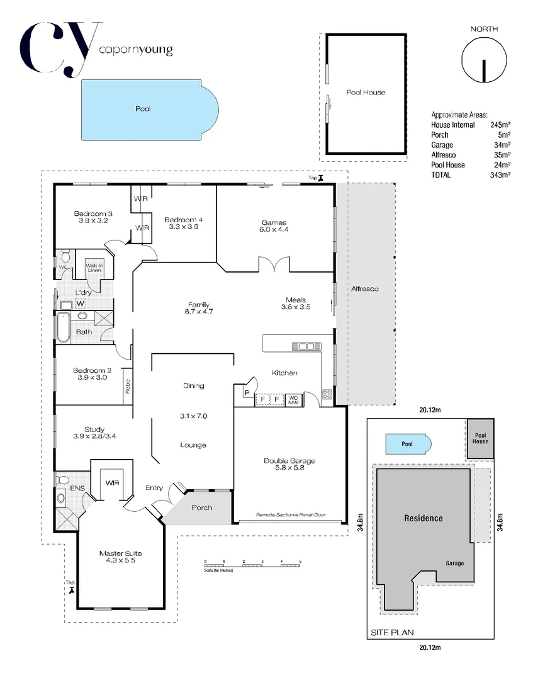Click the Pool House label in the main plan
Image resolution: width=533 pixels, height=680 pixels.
pos(366,93)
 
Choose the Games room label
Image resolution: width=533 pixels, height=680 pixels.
pos(274,222)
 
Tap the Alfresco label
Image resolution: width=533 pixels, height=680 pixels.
pos(365,288)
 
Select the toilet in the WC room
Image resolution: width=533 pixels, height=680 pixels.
pos(64,258)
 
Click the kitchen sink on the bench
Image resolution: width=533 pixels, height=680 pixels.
pos(306,346)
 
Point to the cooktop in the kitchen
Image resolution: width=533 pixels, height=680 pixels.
pos(327,395)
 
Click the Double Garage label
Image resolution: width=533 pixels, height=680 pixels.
pos(289,461)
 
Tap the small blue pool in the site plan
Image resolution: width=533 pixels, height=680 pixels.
pos(408,444)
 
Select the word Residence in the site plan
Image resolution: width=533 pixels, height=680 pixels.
pos(423,519)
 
